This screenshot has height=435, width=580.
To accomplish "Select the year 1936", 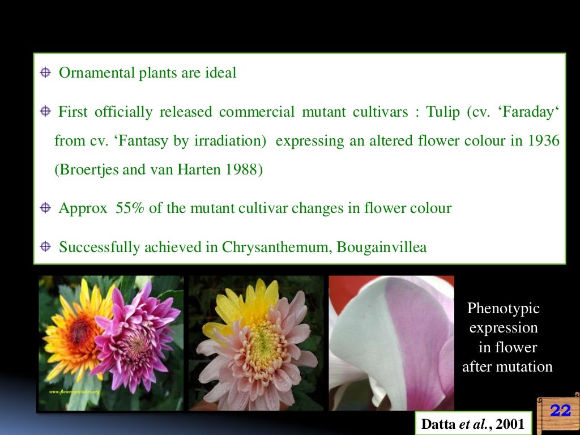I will pyautogui.click(x=543, y=140).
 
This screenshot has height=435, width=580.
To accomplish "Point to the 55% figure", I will pyautogui.click(x=130, y=208).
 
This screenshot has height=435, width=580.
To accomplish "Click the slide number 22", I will pyautogui.click(x=560, y=411).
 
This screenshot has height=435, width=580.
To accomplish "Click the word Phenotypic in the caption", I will pyautogui.click(x=503, y=309).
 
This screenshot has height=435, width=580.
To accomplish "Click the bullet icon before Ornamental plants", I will pyautogui.click(x=45, y=73).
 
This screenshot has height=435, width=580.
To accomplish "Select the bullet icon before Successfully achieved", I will pyautogui.click(x=45, y=247).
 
